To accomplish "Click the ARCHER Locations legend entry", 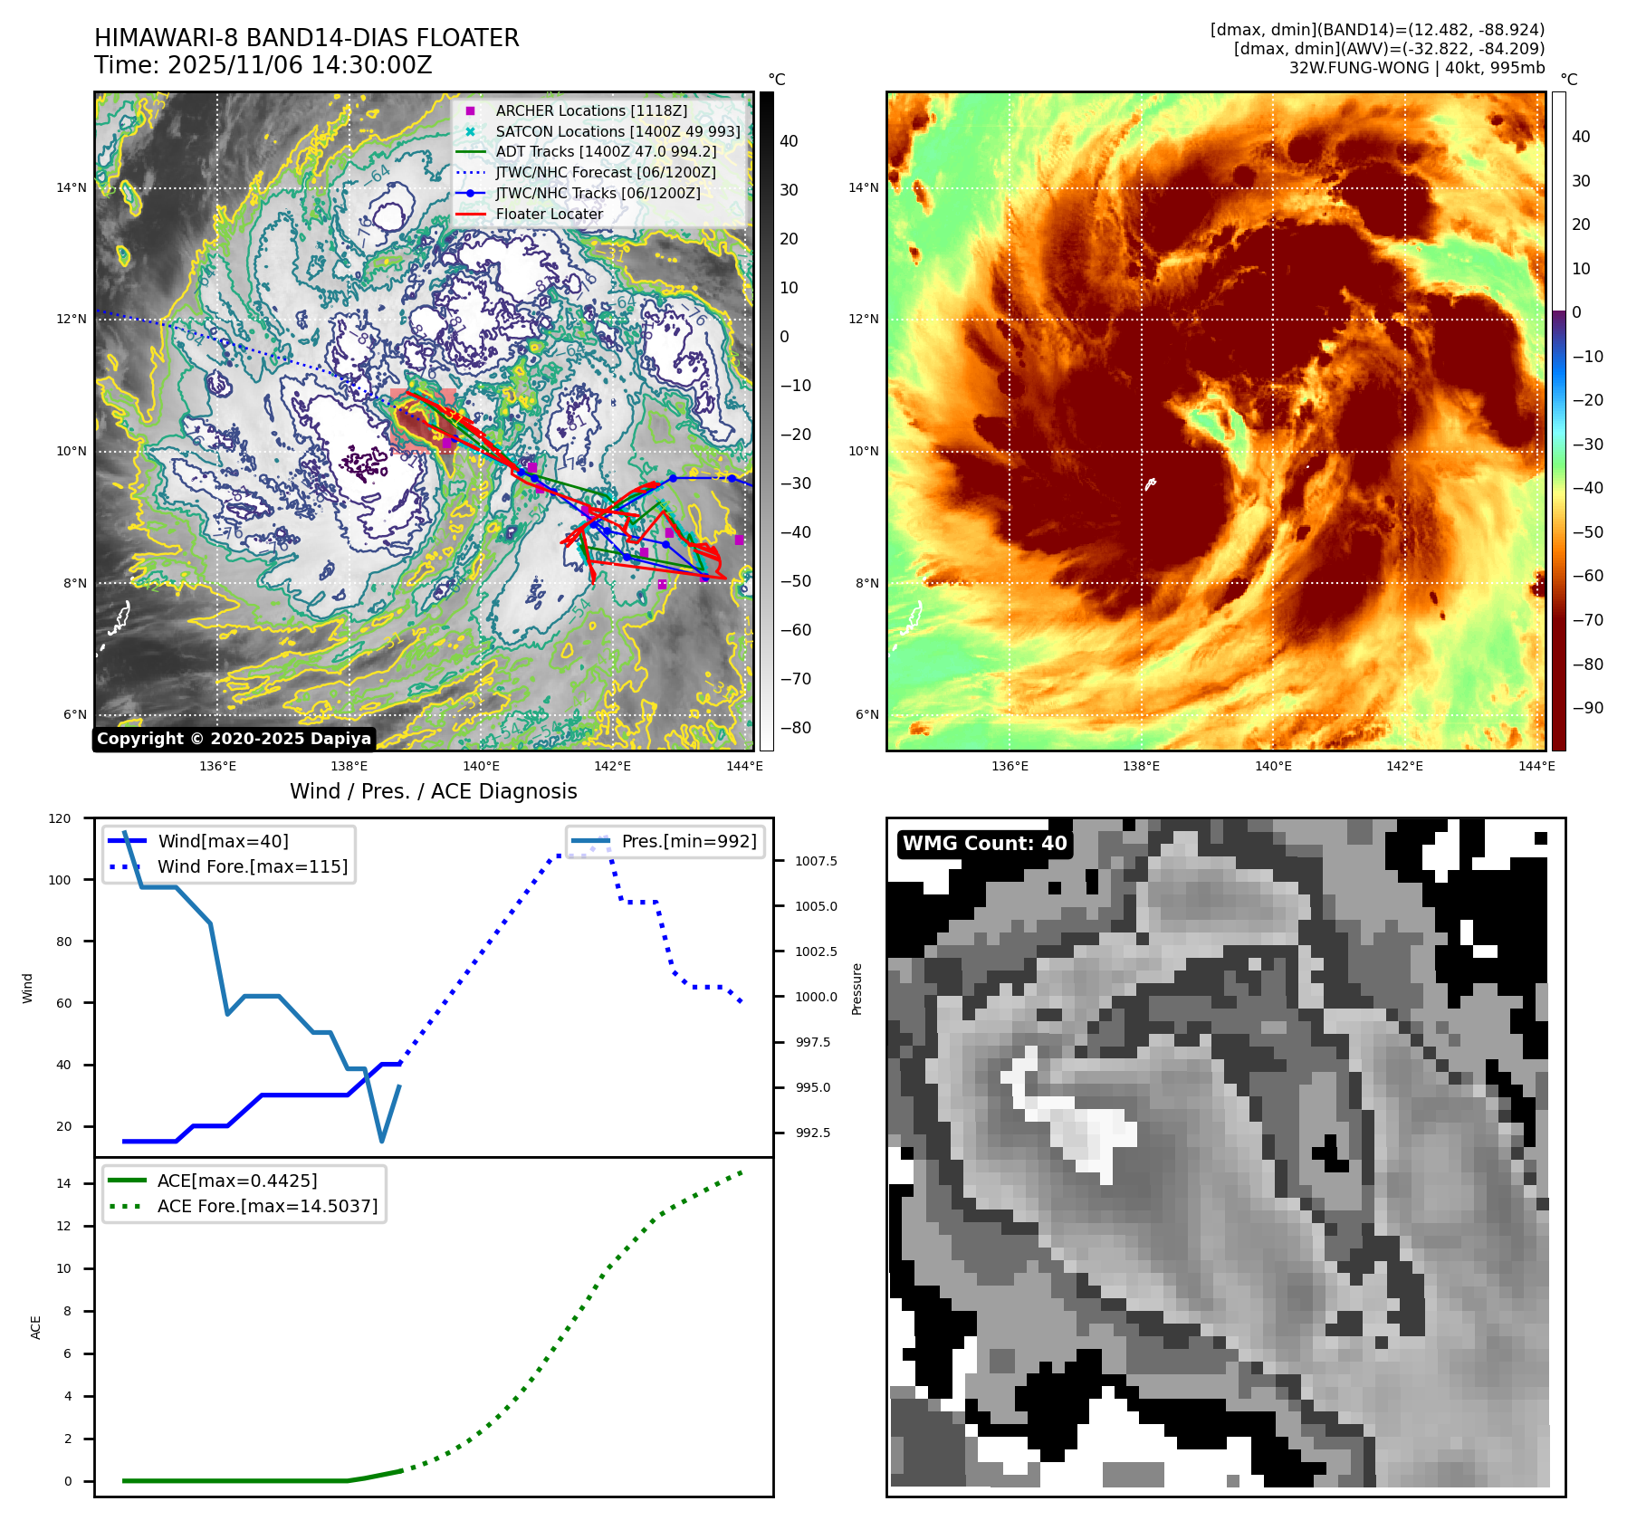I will pos(590,110).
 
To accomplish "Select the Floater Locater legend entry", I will pos(549,214).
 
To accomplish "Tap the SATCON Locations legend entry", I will pos(617,131).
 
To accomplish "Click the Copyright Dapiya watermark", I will pos(234,739).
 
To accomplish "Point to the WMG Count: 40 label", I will pos(984,844).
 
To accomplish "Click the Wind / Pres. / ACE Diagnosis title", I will pos(433,791).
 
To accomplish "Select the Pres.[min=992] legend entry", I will pos(688,841).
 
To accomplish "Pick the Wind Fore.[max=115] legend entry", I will pos(252,866).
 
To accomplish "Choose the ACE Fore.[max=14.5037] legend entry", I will pos(267,1206).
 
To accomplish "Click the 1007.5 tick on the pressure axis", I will pos(816,861).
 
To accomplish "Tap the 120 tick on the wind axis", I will pos(60,818).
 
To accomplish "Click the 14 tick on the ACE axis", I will pos(63,1183).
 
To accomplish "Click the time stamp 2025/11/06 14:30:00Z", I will pos(300,65).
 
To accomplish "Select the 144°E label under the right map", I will pos(1536,766).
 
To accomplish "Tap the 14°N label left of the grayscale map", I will pos(72,188).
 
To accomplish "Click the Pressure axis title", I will pos(857,989).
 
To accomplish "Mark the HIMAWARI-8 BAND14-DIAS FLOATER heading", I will pos(307,38).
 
